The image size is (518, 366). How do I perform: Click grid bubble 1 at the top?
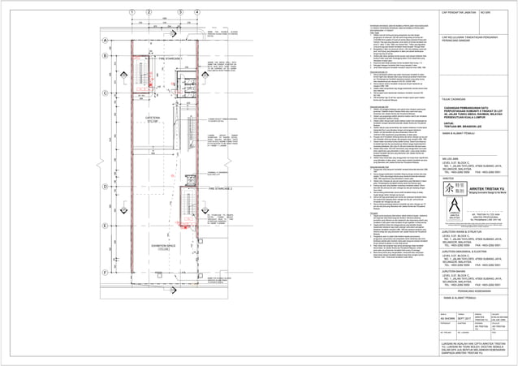click(x=131, y=11)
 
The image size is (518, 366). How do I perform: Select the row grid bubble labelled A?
click(x=105, y=41)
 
